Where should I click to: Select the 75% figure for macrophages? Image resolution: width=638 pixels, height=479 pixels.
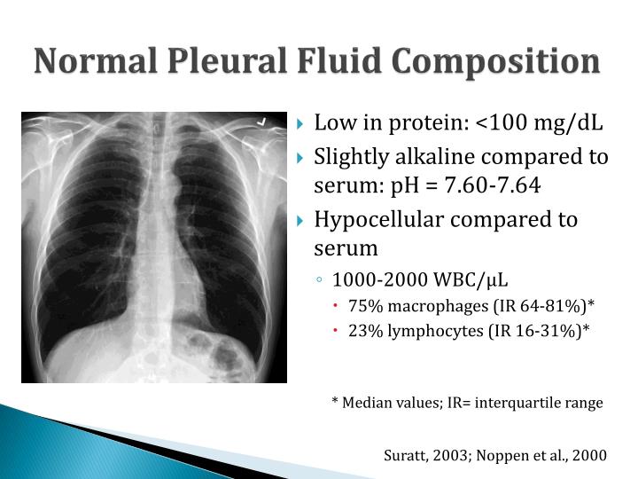click(x=364, y=306)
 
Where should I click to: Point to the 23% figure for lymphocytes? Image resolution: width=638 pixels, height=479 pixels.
click(x=364, y=330)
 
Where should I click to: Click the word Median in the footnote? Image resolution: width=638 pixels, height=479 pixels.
click(x=366, y=402)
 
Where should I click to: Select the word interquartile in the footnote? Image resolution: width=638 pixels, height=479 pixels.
click(x=517, y=402)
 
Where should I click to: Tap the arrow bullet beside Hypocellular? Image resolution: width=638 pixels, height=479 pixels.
click(x=301, y=220)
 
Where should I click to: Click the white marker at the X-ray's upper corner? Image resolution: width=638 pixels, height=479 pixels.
click(x=261, y=120)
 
